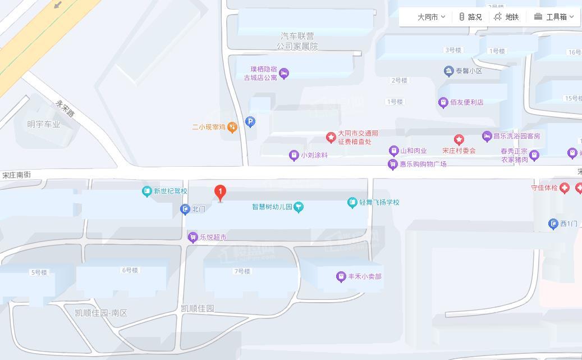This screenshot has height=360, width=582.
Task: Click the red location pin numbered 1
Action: click(x=221, y=193)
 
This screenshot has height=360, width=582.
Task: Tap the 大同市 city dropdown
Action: click(x=431, y=17)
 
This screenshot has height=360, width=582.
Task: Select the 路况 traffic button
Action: click(x=470, y=17)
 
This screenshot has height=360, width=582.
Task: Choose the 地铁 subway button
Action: click(x=506, y=17)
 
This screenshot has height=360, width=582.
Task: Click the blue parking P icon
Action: click(x=250, y=121)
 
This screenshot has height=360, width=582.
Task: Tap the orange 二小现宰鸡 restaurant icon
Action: click(x=232, y=127)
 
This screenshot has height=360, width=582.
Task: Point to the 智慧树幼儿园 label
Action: click(x=272, y=207)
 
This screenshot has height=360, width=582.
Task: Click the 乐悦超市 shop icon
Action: click(x=193, y=238)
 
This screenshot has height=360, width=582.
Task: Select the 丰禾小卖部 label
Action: click(x=365, y=276)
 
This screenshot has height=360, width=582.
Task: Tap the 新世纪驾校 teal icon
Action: click(x=147, y=192)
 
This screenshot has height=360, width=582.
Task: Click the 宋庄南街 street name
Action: click(x=16, y=175)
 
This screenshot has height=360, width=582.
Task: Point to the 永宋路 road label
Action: click(x=65, y=108)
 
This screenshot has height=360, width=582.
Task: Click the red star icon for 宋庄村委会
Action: click(x=459, y=139)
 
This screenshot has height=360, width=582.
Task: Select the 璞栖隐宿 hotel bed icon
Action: click(x=284, y=74)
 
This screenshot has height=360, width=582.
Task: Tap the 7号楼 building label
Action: click(x=242, y=271)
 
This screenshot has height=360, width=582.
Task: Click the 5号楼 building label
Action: click(x=39, y=272)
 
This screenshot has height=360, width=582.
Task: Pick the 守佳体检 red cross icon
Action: click(x=565, y=188)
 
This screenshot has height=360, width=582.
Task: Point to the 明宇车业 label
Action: click(x=44, y=124)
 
